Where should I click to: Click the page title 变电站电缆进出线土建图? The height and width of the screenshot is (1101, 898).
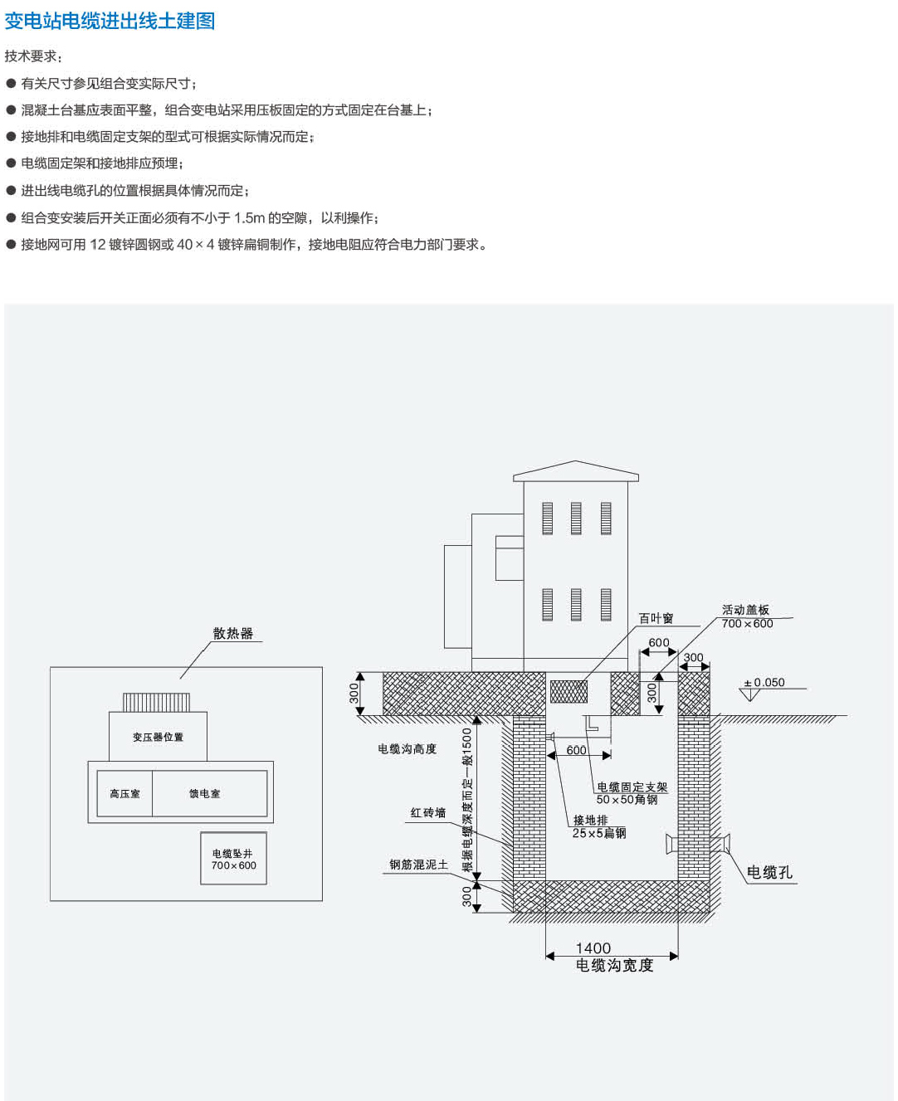110,21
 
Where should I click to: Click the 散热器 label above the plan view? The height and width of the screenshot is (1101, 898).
232,633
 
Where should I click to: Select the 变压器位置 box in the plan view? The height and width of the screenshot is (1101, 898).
158,737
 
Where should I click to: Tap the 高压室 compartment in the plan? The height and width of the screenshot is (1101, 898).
124,794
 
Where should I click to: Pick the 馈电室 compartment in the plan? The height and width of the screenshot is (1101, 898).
205,794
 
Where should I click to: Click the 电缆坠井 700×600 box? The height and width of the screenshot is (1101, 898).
233,860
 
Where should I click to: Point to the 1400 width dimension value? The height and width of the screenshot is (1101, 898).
593,948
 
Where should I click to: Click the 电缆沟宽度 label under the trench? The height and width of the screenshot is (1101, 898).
614,965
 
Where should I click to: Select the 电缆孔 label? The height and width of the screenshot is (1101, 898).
769,872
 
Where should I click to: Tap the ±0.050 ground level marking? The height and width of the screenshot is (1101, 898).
764,683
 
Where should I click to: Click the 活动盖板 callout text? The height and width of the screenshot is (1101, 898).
745,610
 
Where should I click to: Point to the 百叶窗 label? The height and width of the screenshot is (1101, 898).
656,618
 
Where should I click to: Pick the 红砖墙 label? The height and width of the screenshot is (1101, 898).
428,813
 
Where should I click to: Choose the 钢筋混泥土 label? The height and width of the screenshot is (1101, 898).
419,865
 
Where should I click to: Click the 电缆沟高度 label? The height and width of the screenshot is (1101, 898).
407,749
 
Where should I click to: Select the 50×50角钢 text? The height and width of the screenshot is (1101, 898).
627,800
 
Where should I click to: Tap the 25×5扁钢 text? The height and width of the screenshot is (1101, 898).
599,833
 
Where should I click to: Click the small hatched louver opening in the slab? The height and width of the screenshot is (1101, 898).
569,691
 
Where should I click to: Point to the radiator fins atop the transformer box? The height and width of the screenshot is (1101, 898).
157,702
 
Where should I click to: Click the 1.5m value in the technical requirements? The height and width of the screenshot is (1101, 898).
249,218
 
